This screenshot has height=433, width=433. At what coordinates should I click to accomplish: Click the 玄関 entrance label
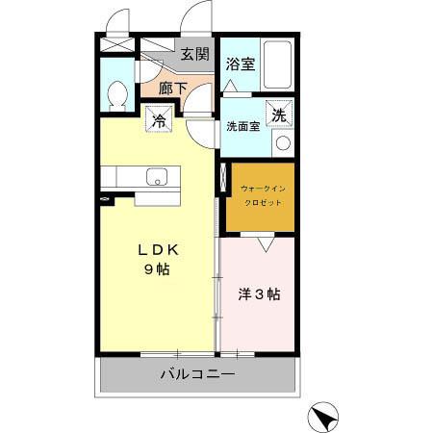pos(195,54)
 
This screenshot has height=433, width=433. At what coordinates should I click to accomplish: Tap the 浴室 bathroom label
pos(241,64)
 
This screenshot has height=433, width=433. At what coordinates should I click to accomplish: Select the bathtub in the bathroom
pos(277,64)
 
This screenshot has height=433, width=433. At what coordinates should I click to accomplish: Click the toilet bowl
pos(116,94)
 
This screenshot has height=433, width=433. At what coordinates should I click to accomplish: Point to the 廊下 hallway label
pos(173,89)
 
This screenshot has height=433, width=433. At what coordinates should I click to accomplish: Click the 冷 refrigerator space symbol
pos(159,118)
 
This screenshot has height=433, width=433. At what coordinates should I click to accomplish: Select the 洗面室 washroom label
pos(243,127)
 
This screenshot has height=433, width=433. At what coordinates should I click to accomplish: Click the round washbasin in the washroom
pos(283,143)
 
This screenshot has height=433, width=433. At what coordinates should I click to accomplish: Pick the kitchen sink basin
pos(157,177)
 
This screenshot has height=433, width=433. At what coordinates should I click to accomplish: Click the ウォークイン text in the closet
pos(263,189)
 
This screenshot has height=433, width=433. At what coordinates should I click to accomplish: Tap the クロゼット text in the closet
pos(263,203)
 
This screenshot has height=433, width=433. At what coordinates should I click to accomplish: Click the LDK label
pos(158,250)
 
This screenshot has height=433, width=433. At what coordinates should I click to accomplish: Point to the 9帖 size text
pos(157,269)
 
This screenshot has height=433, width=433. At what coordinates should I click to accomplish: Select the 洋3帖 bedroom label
pos(259,294)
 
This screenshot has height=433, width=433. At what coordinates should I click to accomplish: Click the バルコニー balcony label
pos(198,374)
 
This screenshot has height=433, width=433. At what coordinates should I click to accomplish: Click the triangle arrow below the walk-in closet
pos(266,244)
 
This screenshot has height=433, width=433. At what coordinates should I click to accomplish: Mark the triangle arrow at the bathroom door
pos(230,86)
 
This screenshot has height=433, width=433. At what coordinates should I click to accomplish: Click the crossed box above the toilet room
pos(117,44)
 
